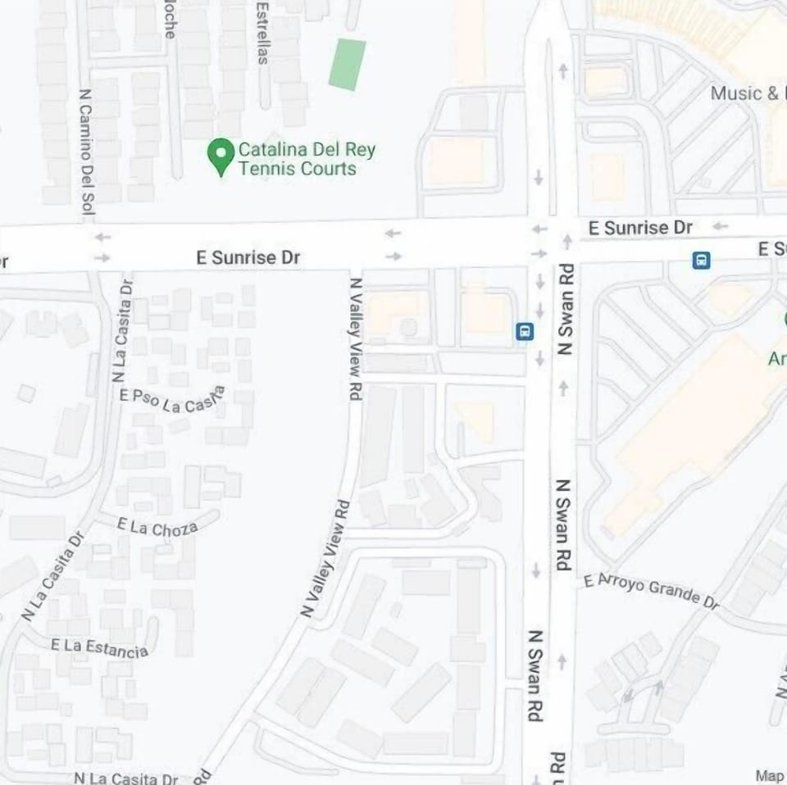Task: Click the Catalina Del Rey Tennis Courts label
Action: [307, 159]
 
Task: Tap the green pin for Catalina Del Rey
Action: [221, 155]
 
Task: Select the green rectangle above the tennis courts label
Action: [348, 64]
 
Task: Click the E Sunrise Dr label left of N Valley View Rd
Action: [248, 257]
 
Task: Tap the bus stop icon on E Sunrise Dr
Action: [701, 261]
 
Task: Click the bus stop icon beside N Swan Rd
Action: [525, 331]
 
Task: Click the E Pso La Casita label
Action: [172, 400]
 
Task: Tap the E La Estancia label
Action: [99, 647]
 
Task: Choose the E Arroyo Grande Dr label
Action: [652, 590]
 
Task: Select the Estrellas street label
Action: [262, 33]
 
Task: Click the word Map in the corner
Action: [769, 775]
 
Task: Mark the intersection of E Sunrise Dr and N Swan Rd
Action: [551, 242]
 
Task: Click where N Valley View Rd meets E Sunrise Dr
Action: [357, 246]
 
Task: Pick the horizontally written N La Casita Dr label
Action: [125, 778]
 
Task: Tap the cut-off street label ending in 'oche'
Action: [170, 20]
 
